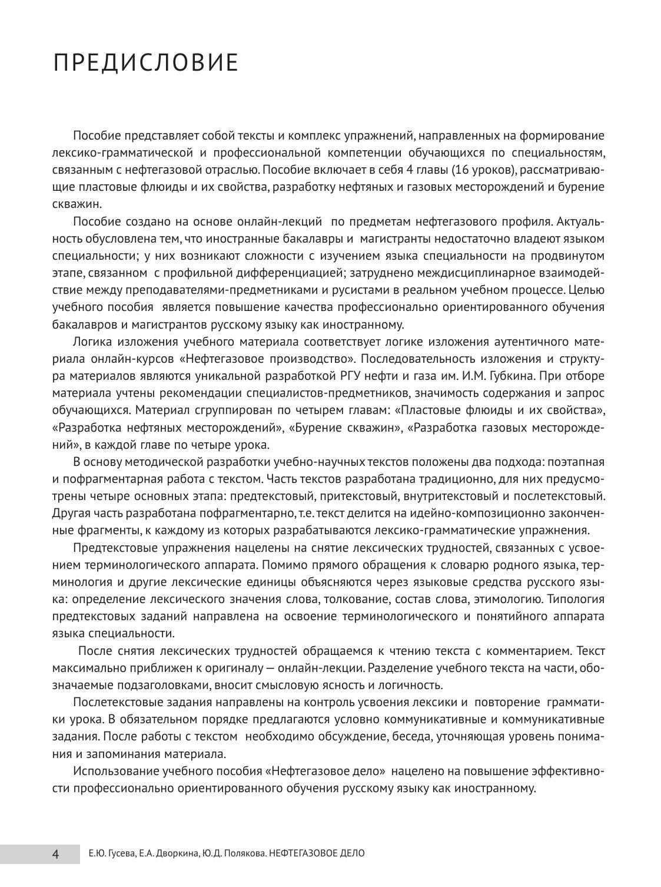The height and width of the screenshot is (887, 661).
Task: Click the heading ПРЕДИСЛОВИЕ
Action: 145,62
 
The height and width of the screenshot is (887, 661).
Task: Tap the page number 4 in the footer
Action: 56,853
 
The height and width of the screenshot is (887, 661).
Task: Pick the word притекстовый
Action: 310,496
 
